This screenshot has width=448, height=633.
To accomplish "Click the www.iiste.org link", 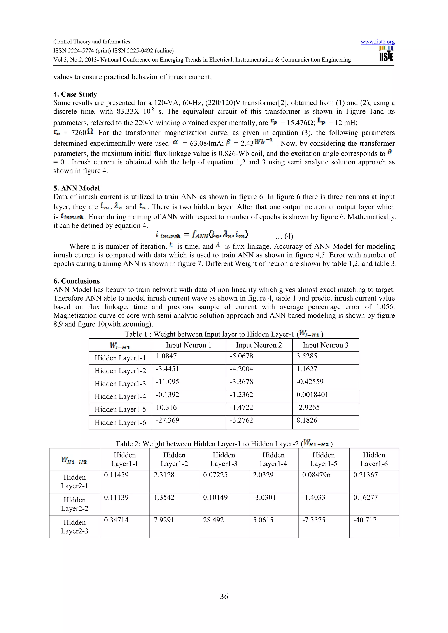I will click(377, 42).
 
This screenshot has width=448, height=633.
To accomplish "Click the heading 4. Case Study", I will click(75, 94).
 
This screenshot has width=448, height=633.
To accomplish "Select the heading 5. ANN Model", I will click(77, 188).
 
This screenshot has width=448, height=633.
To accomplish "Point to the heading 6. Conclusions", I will click(77, 281).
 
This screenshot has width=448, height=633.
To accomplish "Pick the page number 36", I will click(224, 596).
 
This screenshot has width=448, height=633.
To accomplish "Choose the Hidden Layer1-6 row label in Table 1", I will click(120, 423).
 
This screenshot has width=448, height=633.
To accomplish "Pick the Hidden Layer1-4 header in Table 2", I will click(273, 459).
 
